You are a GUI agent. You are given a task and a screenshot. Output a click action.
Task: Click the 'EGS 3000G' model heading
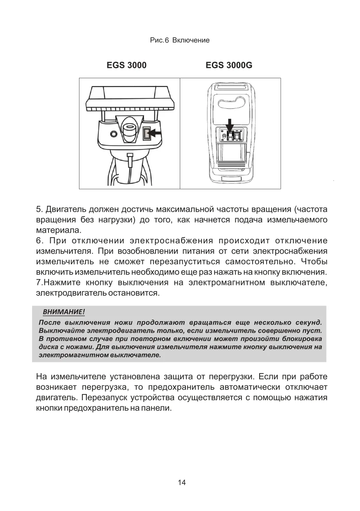(x=229, y=65)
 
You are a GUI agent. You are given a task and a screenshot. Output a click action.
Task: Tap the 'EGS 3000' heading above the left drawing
(x=127, y=65)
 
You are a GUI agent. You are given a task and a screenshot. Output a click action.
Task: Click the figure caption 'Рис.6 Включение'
(x=180, y=40)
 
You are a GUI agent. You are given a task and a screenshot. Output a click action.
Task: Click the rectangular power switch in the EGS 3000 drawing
(x=146, y=134)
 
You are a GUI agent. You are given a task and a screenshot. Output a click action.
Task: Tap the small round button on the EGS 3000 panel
(x=114, y=134)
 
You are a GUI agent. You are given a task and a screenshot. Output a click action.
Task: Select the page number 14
(x=182, y=482)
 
